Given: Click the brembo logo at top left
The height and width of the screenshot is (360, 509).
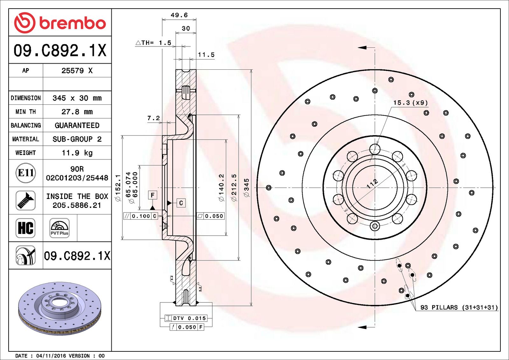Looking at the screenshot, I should pos(60,23).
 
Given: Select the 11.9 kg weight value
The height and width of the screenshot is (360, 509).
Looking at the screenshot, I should pos(77,153).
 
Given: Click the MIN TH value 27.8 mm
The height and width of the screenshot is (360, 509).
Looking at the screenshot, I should pos(77,112).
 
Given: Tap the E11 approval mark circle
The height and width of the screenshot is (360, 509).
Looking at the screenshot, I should pos(26,173).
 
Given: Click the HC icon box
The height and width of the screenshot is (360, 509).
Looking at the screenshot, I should pos(25,228).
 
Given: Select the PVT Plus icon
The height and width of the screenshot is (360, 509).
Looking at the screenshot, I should pos(59,228).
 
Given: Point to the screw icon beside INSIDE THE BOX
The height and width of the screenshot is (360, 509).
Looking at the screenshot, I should pos(25,200).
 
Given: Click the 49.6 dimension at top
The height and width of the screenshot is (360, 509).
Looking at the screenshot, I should pos(179,15).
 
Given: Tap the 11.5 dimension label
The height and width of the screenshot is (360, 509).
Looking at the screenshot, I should pos(206,55).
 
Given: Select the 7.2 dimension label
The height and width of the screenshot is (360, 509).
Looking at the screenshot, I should pos(153,118).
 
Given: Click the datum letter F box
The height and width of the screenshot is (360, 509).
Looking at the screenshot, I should pos(153,195).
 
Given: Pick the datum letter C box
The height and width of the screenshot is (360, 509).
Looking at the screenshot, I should pos(181,203).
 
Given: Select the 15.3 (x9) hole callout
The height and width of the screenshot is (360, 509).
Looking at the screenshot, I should pos(410,102).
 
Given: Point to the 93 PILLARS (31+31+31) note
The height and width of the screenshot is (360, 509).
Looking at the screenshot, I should pos(459,307).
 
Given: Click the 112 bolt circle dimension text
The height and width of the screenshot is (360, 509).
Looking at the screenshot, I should pos(372,184).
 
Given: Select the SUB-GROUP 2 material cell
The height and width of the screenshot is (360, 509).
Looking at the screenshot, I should pos(77,139).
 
